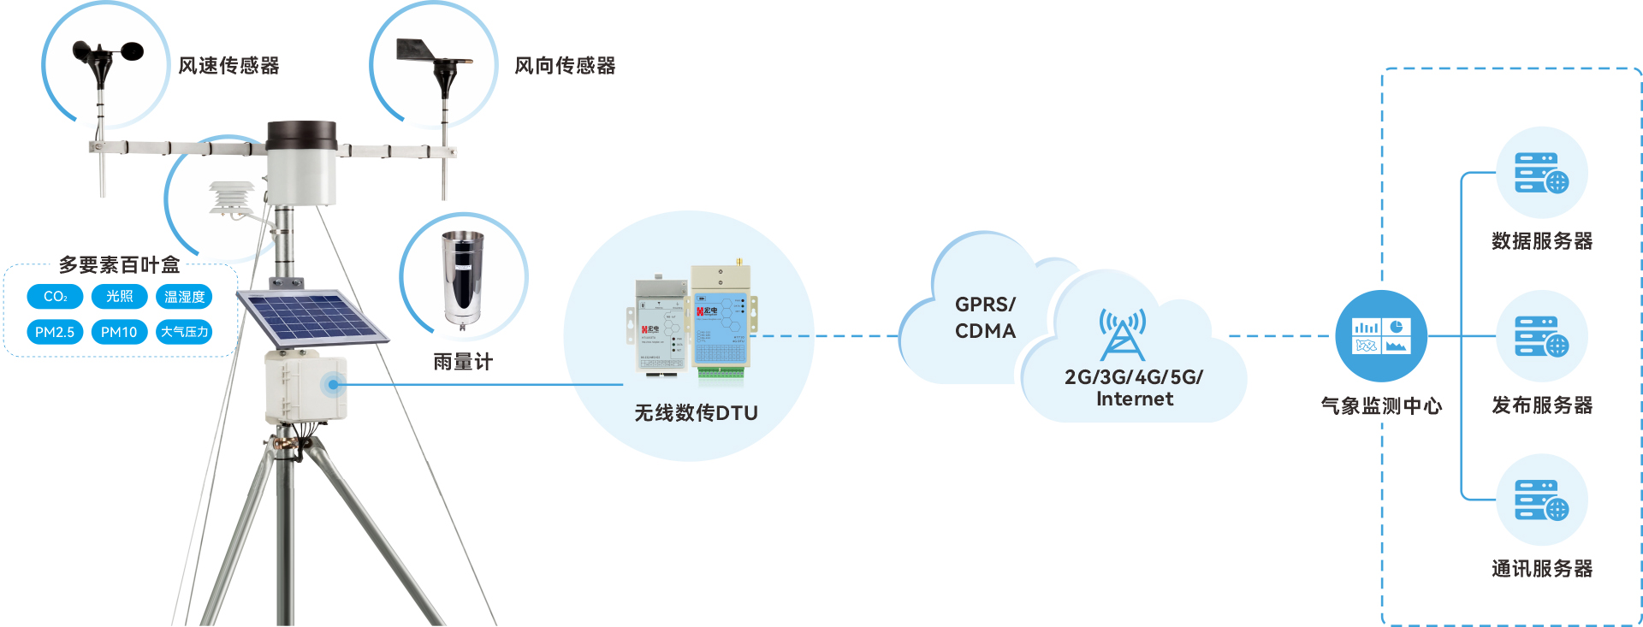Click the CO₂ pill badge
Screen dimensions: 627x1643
pos(55,297)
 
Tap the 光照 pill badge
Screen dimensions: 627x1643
pos(119,297)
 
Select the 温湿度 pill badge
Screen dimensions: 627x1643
pos(184,297)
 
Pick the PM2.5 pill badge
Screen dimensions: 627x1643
pos(55,332)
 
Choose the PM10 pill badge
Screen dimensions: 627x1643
pos(119,332)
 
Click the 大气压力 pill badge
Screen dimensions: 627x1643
pos(184,332)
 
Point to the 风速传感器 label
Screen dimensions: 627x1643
pos(228,66)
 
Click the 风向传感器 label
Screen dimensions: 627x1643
pos(565,66)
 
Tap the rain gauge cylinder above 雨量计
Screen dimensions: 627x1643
pos(462,278)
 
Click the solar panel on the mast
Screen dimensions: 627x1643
pos(310,316)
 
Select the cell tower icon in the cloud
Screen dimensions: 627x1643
pos(1122,334)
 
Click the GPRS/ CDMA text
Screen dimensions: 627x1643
pos(985,317)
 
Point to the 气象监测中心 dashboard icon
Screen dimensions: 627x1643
pos(1381,336)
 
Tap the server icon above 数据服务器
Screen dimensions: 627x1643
pos(1541,173)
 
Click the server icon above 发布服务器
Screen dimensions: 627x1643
pos(1541,336)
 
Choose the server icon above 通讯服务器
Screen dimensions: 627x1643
pos(1541,500)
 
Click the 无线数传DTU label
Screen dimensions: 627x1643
pos(696,413)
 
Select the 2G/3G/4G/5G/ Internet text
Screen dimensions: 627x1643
pos(1134,388)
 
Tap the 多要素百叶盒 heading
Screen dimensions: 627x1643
pos(119,265)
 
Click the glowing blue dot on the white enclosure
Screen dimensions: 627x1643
pos(333,385)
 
